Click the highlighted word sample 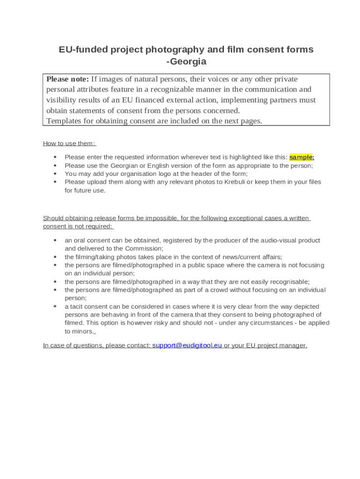pos(301,157)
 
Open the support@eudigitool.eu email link pos(187,345)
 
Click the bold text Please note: pos(67,79)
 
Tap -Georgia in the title pos(186,62)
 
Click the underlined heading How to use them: pos(69,143)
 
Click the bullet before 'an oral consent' pos(55,240)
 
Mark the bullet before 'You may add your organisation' pos(55,174)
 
